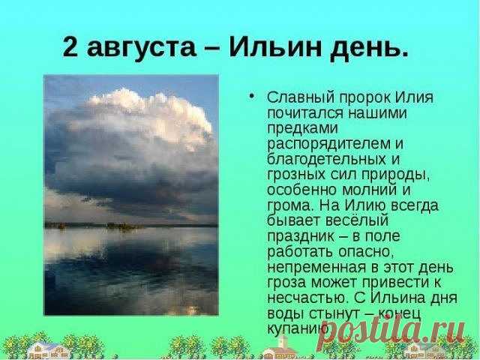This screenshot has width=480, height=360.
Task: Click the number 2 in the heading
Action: [x=70, y=46]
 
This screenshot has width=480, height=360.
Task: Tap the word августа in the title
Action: [x=141, y=49]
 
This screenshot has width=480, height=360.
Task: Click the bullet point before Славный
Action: [x=252, y=97]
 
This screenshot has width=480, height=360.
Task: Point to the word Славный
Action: [x=301, y=97]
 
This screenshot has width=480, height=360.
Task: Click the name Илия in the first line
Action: [x=414, y=97]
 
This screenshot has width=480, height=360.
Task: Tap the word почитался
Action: [x=305, y=113]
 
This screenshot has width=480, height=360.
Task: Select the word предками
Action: [x=302, y=129]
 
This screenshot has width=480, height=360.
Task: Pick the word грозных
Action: [x=296, y=175]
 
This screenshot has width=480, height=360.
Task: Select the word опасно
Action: [x=365, y=252]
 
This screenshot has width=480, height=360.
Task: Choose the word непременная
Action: [x=316, y=267]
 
